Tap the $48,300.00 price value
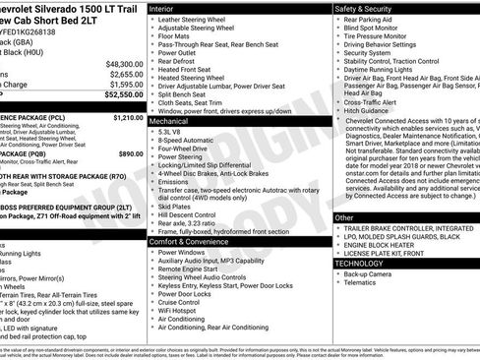tap(125, 63)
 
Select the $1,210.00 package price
tap(128, 117)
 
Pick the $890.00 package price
tap(131, 154)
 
